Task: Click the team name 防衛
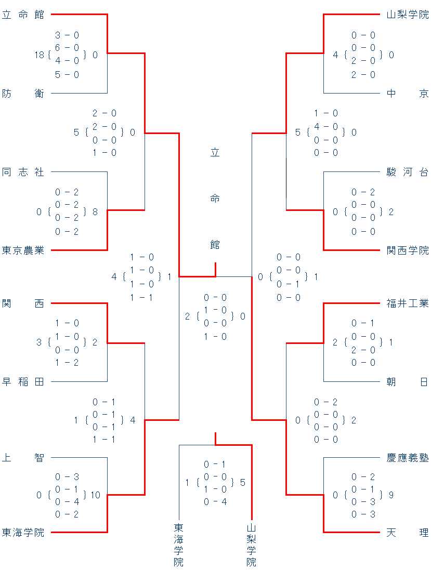(x=23, y=94)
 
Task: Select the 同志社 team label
(x=23, y=172)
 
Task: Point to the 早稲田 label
(x=23, y=382)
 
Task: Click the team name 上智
(x=23, y=458)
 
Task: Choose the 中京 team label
(x=408, y=94)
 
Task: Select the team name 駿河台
(x=408, y=172)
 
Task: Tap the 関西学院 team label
(x=408, y=250)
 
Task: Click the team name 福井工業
(x=408, y=303)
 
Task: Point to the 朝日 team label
(x=408, y=382)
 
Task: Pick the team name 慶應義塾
(x=408, y=458)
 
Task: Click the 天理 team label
(x=408, y=533)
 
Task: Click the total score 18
(x=40, y=55)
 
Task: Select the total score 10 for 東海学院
(x=95, y=495)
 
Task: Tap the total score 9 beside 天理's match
(x=391, y=495)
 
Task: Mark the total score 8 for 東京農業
(x=95, y=211)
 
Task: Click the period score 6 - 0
(x=67, y=48)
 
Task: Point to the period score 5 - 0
(x=67, y=74)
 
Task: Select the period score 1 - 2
(x=67, y=362)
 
